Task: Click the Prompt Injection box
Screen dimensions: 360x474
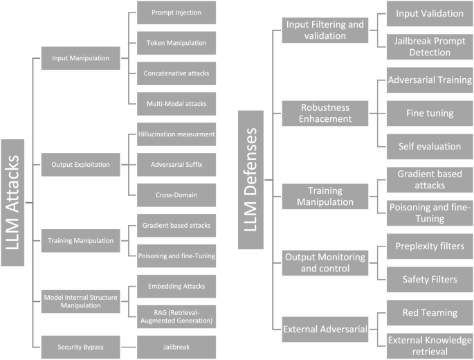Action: point(176,12)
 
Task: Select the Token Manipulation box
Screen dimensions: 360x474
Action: point(176,43)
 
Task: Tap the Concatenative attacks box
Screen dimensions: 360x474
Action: point(176,73)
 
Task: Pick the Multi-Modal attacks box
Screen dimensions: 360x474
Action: point(176,103)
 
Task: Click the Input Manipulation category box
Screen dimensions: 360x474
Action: point(80,58)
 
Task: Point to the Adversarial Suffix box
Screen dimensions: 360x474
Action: point(176,165)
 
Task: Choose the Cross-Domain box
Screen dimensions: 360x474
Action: point(176,195)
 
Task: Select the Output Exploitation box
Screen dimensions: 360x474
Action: point(80,165)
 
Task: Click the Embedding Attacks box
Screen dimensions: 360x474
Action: point(176,285)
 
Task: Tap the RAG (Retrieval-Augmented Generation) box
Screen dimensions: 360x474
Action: point(176,315)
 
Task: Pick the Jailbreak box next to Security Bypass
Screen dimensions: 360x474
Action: point(176,345)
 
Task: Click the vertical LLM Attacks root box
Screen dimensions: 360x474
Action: point(15,201)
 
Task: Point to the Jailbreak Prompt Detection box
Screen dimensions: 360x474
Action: point(429,46)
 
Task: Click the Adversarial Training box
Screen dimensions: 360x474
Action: point(429,79)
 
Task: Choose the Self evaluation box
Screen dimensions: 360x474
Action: point(429,146)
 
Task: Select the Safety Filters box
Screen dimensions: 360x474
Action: point(429,278)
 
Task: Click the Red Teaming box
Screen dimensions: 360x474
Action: point(429,312)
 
